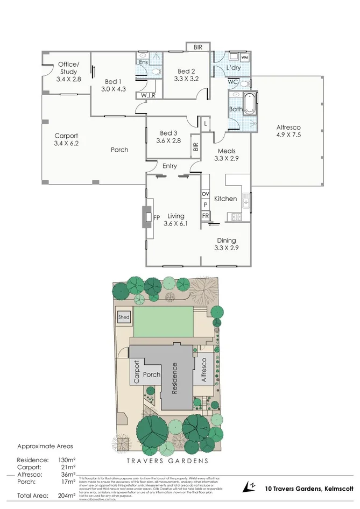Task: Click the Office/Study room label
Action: pyautogui.click(x=68, y=68)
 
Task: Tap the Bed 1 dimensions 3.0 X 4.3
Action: pyautogui.click(x=113, y=89)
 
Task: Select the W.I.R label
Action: pyautogui.click(x=148, y=96)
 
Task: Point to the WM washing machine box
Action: pyautogui.click(x=245, y=57)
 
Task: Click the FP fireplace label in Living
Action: pyautogui.click(x=157, y=218)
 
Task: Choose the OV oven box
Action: pyautogui.click(x=205, y=194)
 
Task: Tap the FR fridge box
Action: pyautogui.click(x=205, y=215)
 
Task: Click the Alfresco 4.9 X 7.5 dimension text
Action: pyautogui.click(x=288, y=135)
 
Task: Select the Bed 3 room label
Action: pyautogui.click(x=168, y=133)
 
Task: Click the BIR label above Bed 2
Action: pyautogui.click(x=197, y=47)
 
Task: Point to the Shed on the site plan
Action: pyautogui.click(x=123, y=317)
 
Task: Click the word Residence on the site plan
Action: pyautogui.click(x=174, y=379)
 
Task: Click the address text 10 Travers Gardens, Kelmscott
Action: pyautogui.click(x=308, y=488)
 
